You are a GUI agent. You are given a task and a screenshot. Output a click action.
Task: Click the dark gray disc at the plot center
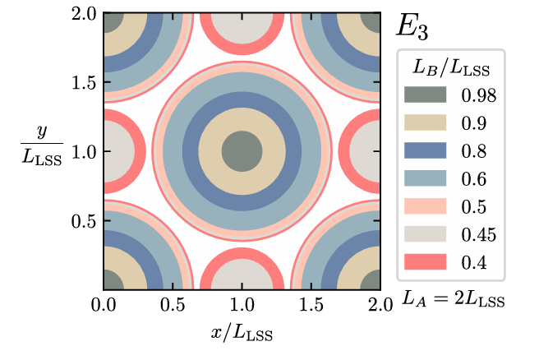click(242, 151)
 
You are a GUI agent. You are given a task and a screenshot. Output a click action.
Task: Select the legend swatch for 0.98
click(427, 95)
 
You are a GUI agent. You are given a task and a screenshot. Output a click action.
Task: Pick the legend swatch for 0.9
click(427, 122)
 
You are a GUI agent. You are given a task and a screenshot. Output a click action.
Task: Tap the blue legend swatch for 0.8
click(427, 150)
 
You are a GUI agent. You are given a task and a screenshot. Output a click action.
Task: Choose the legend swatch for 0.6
click(427, 178)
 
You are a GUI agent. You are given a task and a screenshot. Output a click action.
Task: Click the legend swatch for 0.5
click(427, 206)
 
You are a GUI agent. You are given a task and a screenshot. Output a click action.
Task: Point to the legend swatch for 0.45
click(427, 234)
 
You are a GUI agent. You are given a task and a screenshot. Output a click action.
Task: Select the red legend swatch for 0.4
click(427, 262)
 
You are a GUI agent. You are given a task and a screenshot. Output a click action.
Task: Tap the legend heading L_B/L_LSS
click(449, 65)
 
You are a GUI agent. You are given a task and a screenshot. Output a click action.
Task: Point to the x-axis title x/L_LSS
click(241, 334)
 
